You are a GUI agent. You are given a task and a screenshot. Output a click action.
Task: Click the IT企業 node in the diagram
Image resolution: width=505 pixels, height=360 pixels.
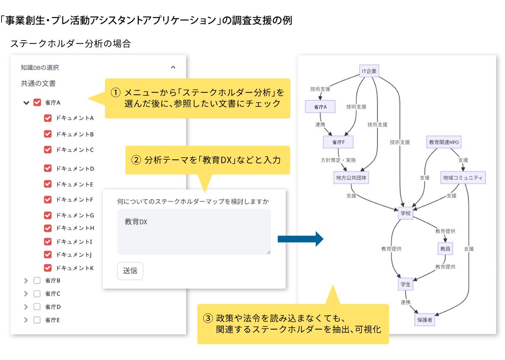(369, 71)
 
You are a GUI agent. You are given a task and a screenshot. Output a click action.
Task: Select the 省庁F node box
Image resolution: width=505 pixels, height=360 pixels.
(338, 142)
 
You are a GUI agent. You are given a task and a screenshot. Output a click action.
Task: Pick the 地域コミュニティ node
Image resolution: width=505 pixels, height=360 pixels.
(463, 178)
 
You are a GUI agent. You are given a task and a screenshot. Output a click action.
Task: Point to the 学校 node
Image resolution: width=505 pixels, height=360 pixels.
(405, 213)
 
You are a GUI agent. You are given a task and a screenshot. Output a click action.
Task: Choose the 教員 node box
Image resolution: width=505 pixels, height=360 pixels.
(445, 249)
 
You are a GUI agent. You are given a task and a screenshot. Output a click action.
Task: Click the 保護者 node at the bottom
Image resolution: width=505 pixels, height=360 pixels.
(425, 320)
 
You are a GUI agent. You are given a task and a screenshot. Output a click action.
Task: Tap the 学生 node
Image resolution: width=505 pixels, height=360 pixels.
(405, 284)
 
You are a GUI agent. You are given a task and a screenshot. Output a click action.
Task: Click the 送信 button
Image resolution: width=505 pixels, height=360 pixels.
(130, 271)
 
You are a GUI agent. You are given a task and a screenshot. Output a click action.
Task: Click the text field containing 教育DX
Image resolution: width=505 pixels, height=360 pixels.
(194, 231)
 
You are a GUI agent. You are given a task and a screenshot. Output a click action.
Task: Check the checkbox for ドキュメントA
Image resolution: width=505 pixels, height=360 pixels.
(48, 118)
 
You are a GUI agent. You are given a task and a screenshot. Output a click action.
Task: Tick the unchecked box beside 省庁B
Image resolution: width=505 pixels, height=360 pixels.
(37, 281)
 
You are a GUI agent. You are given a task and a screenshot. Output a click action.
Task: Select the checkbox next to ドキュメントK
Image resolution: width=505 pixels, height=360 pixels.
(48, 268)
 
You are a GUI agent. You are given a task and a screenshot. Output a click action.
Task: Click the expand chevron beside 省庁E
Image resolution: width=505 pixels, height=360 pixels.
(26, 320)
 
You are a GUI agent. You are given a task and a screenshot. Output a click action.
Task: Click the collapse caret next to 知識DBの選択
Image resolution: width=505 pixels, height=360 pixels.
(173, 67)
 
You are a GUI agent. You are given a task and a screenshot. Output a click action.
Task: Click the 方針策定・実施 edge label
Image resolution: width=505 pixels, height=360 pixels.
(338, 160)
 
